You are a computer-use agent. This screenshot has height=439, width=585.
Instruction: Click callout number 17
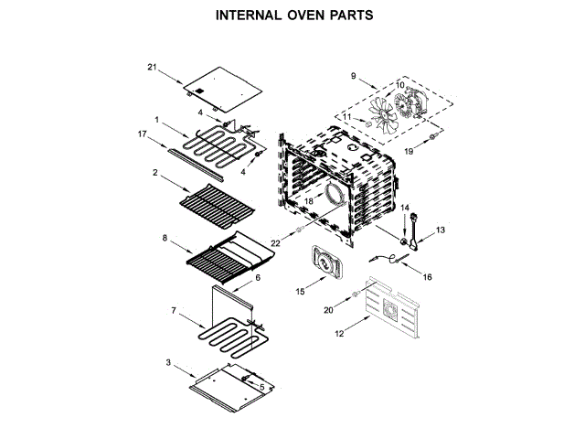(143, 134)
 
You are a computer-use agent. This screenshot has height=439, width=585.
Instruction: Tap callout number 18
(308, 199)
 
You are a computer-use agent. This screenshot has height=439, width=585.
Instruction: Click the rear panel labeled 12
(393, 306)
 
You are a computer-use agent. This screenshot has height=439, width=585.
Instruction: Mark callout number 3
(168, 363)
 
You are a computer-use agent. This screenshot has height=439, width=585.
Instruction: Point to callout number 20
(328, 311)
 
